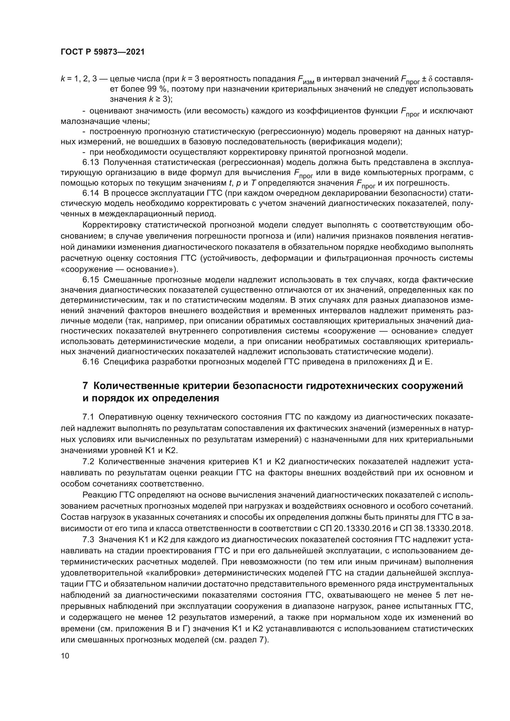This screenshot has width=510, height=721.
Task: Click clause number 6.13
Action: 91,162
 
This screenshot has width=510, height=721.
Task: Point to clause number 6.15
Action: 91,280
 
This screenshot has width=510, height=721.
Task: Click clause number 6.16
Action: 91,362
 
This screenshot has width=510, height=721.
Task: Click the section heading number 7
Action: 85,386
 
